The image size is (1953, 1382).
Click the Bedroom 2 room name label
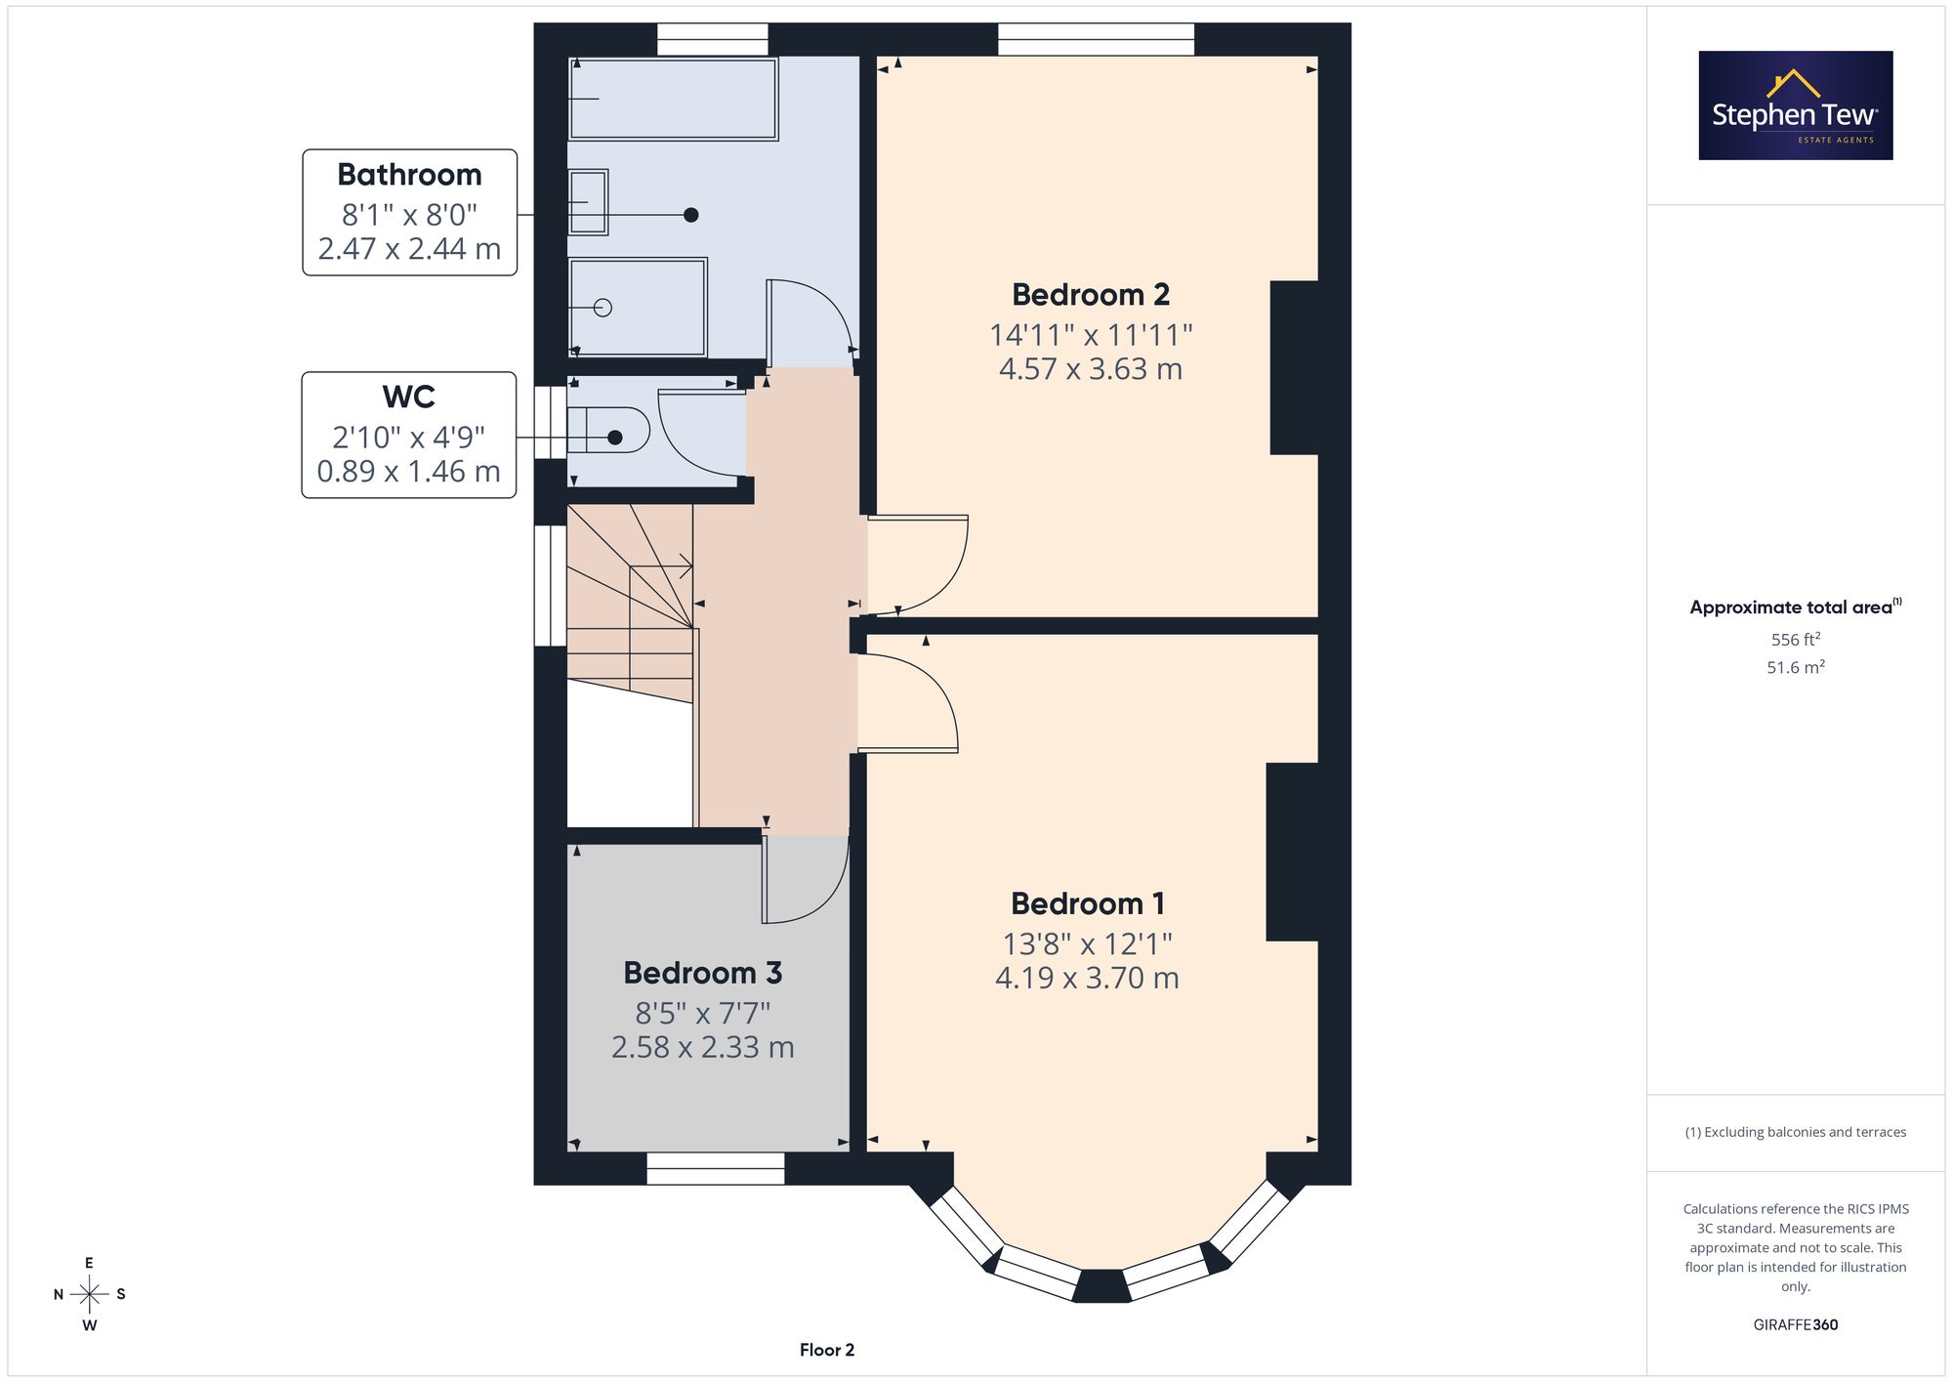[x=1090, y=295]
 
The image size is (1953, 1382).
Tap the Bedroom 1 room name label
[x=1088, y=903]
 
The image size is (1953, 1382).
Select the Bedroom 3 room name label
[x=703, y=973]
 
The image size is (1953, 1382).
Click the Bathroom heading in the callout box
[x=409, y=175]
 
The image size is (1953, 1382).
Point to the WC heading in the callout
[x=409, y=398]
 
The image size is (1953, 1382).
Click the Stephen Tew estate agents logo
[x=1796, y=105]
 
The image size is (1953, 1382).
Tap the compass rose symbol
[x=89, y=1295]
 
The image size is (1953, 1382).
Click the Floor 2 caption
[x=827, y=1350]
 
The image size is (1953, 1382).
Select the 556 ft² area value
[x=1796, y=640]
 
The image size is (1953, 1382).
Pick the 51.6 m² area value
[x=1796, y=667]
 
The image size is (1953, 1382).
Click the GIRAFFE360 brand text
[x=1796, y=1325]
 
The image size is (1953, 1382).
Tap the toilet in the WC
[x=608, y=430]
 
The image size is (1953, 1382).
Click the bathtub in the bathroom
[x=673, y=99]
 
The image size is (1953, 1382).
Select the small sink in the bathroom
[x=588, y=202]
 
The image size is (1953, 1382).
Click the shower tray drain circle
[x=603, y=308]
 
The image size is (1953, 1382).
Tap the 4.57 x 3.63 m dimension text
[x=1091, y=369]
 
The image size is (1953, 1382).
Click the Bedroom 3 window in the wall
[x=716, y=1169]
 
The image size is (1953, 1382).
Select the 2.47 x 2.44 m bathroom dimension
[x=409, y=249]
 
